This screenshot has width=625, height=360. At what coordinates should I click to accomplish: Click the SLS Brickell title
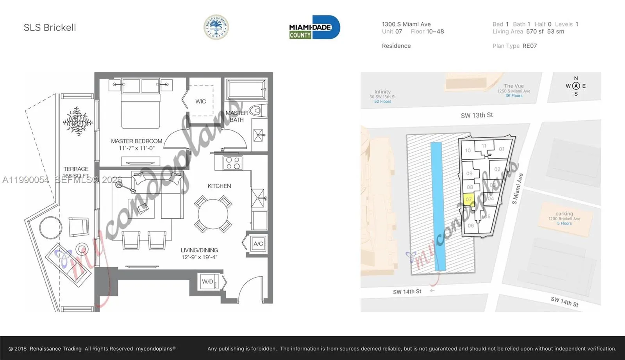click(50, 27)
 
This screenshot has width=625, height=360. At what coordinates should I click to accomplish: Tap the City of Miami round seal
click(216, 27)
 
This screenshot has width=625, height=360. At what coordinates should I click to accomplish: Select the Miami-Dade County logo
click(314, 27)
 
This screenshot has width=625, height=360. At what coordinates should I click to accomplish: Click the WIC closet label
click(200, 102)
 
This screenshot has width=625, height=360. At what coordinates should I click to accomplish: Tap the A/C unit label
click(258, 244)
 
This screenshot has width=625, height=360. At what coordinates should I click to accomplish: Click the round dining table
click(213, 214)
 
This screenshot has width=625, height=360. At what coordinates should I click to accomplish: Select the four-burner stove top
click(233, 163)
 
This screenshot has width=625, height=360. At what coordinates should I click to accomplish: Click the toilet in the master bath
click(257, 110)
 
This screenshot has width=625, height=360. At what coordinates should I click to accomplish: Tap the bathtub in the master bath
click(246, 89)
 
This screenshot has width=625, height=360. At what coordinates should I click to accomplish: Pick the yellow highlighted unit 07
click(468, 199)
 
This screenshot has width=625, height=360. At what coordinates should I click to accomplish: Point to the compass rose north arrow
click(576, 86)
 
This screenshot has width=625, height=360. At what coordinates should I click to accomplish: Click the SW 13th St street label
click(477, 115)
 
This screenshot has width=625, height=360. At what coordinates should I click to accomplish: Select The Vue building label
click(514, 86)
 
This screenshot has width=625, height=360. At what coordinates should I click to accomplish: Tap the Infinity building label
click(382, 92)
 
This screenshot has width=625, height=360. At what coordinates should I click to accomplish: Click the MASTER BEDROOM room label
click(136, 141)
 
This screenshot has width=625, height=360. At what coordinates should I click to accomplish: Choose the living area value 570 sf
click(535, 32)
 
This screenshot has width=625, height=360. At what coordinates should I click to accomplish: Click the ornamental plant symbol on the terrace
click(78, 121)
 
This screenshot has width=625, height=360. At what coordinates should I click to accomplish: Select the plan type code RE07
click(530, 46)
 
